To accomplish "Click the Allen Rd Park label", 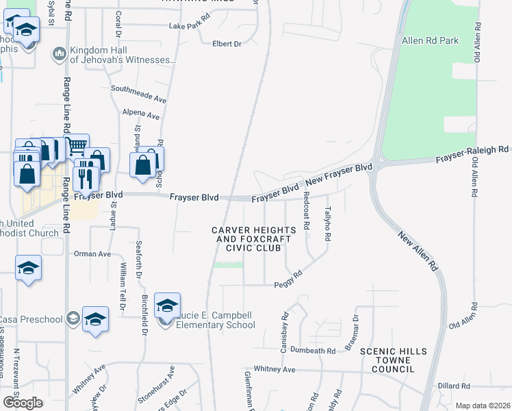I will coord(431,41).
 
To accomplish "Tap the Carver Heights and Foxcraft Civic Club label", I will coord(254,239).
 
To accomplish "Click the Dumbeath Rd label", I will coord(311,351).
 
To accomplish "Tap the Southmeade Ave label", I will coord(139,90).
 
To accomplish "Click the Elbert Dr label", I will coord(227,44).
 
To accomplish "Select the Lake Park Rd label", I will coord(190,26).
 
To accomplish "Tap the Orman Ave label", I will coord(92,254).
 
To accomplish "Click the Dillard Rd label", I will coord(452,386).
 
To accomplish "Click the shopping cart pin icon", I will coord(77,145).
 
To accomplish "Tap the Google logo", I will coord(23,403).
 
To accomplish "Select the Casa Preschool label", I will coord(31,319).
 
